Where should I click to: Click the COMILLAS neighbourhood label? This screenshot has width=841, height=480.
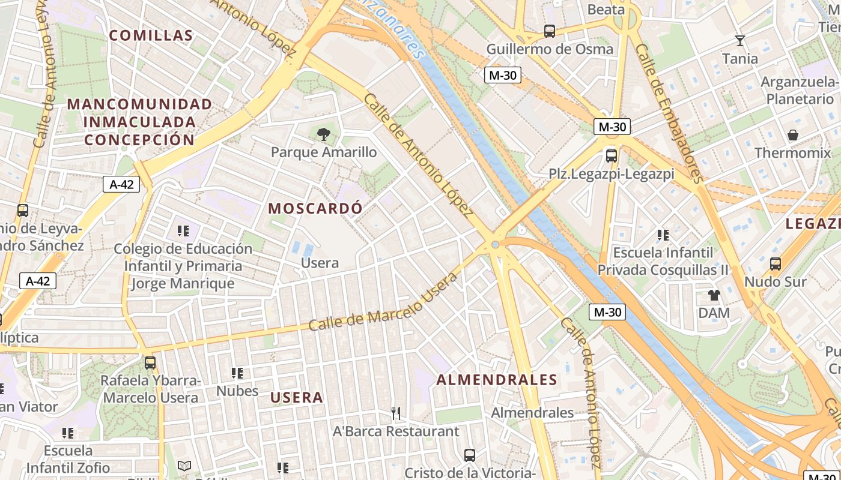151,35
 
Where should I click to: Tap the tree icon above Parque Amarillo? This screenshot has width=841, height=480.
324,133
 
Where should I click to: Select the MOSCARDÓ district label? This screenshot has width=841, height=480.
315,208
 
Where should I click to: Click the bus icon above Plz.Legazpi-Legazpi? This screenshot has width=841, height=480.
612,156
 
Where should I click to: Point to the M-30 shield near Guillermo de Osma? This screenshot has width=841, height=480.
503,75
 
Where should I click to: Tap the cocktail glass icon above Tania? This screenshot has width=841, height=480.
740,41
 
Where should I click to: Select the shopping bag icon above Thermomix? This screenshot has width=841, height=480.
793,135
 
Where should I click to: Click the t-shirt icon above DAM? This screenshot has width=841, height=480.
714,295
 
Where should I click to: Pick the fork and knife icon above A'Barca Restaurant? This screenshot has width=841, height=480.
396,413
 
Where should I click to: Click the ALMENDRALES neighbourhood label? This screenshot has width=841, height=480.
497,380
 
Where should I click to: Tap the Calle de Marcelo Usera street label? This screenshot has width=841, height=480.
383,302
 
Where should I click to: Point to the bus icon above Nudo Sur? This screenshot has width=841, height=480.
776,263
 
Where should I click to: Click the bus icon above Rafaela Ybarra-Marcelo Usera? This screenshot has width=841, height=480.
150,362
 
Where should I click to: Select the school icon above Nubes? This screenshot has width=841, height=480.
237,373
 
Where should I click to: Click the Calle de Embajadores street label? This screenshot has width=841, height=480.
669,113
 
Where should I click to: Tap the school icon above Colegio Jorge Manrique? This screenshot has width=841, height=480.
183,230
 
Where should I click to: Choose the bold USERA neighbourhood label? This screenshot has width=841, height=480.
297,397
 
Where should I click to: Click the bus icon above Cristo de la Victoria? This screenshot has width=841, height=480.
470,455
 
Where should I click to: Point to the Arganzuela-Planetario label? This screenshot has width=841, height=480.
800,90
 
